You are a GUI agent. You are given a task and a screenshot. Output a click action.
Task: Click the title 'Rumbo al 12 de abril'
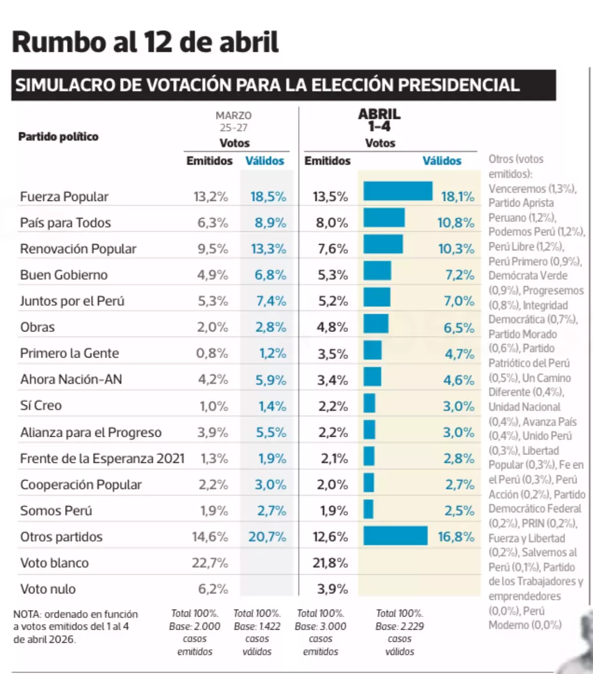click(x=145, y=42)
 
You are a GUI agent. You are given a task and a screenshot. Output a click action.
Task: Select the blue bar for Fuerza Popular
click(x=398, y=191)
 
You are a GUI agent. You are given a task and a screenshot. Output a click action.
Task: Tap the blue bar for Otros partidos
click(x=395, y=536)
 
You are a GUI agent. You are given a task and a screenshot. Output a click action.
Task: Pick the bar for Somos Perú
click(x=368, y=509)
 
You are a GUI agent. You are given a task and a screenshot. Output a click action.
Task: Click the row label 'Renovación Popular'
click(x=78, y=249)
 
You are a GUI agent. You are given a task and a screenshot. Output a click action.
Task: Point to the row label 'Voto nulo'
click(x=48, y=589)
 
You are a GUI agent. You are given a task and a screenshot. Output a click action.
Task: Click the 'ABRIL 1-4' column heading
click(x=379, y=120)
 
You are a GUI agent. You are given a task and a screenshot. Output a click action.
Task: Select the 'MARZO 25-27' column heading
click(x=234, y=121)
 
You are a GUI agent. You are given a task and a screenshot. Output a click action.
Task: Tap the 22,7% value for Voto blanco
click(x=209, y=563)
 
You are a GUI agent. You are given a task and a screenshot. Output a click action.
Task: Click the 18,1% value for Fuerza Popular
click(x=458, y=196)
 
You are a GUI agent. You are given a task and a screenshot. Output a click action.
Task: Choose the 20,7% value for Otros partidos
click(x=267, y=536)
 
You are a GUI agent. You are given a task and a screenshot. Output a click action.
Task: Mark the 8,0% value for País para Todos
click(x=332, y=223)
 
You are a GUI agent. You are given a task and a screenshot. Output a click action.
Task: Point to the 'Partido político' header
click(x=58, y=137)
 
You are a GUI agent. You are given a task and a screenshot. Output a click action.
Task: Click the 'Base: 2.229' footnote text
click(x=399, y=626)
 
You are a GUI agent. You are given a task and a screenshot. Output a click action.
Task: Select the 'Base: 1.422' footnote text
click(x=257, y=626)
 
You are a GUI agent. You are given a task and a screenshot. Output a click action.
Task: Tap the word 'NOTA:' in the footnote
click(x=27, y=614)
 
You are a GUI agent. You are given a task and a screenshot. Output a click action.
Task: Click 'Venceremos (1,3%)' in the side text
click(x=532, y=189)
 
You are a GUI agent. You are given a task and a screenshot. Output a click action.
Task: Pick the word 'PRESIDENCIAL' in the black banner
click(x=459, y=85)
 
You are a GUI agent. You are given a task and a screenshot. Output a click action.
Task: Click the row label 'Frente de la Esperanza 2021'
click(x=102, y=458)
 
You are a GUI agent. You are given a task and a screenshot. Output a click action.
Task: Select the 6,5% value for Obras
click(x=459, y=328)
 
